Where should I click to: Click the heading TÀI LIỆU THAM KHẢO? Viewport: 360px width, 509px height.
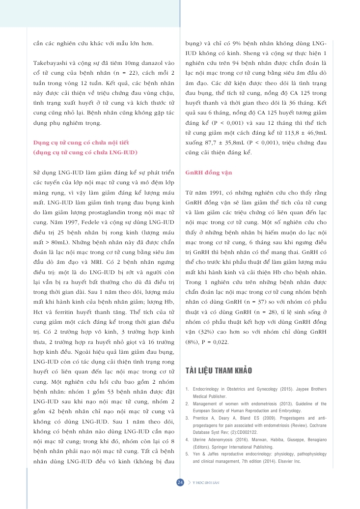click(219, 370)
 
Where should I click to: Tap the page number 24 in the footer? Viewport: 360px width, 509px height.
click(180, 482)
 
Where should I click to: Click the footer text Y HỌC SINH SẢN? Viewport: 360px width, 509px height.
click(205, 482)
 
